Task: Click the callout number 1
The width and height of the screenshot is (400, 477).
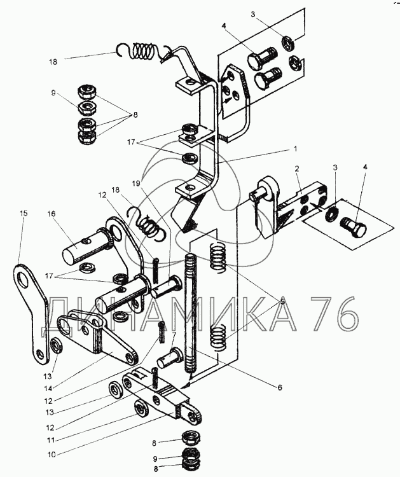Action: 294,149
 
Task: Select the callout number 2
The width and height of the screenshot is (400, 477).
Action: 297,169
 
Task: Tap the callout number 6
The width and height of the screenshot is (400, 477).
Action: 280,387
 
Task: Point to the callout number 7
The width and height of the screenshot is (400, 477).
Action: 174,335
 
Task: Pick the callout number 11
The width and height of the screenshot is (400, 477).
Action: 50,440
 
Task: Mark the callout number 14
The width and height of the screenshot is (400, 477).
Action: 49,388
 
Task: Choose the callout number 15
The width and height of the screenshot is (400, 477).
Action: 24,213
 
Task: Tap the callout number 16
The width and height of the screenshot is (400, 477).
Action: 52,214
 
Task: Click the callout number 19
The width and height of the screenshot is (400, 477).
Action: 136,183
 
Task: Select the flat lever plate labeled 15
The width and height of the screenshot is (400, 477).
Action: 31,314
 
